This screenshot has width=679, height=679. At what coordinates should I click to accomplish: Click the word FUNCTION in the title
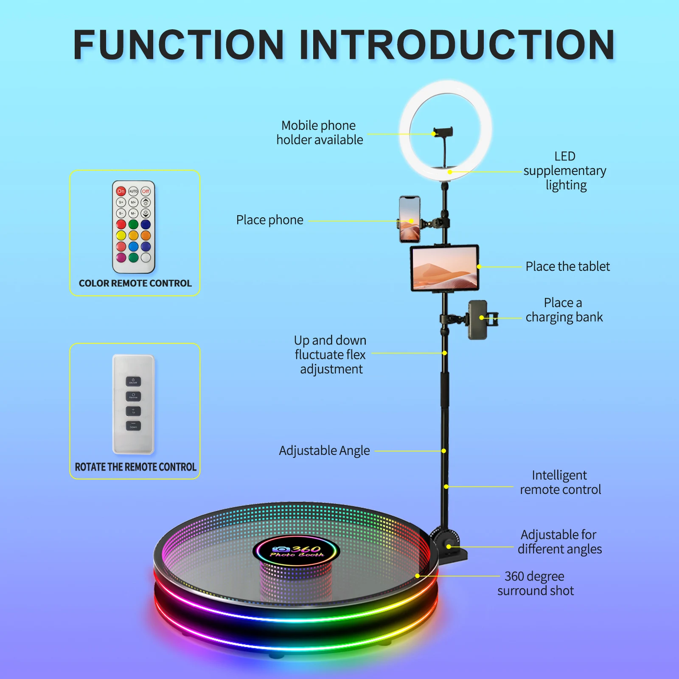pos(178,45)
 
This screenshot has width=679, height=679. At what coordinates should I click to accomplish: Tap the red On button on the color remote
pos(121,191)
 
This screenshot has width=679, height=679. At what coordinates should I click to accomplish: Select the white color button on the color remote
pos(146,257)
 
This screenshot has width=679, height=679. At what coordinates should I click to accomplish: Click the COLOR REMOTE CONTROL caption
pos(135,283)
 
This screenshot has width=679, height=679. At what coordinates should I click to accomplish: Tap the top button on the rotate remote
pos(133,381)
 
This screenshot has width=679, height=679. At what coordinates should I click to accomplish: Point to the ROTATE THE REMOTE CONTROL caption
pos(135,467)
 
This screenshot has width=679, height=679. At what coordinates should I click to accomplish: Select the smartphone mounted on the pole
pos(410,219)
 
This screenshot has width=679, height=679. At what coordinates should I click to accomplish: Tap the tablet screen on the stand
pos(444,268)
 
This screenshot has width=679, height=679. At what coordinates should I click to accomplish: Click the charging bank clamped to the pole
pos(478,320)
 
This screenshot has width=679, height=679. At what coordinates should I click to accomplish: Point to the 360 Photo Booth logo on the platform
pos(297,551)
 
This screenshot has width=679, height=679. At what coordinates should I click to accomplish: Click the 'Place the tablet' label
pos(567,267)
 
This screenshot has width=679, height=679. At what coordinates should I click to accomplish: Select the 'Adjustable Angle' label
pos(324,451)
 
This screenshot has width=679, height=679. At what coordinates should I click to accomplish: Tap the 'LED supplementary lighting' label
pos(565,171)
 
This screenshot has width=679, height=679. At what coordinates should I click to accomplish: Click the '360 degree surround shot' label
pos(535,584)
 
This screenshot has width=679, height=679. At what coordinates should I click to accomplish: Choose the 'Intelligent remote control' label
pos(560,483)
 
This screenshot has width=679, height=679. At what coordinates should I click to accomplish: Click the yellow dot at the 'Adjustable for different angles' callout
pos(449,547)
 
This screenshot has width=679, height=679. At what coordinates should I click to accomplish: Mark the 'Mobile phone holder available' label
pos(320,132)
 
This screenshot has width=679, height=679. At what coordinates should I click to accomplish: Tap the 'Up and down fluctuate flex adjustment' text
pos(330,354)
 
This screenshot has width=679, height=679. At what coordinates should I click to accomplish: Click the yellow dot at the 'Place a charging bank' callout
pos(482,317)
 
